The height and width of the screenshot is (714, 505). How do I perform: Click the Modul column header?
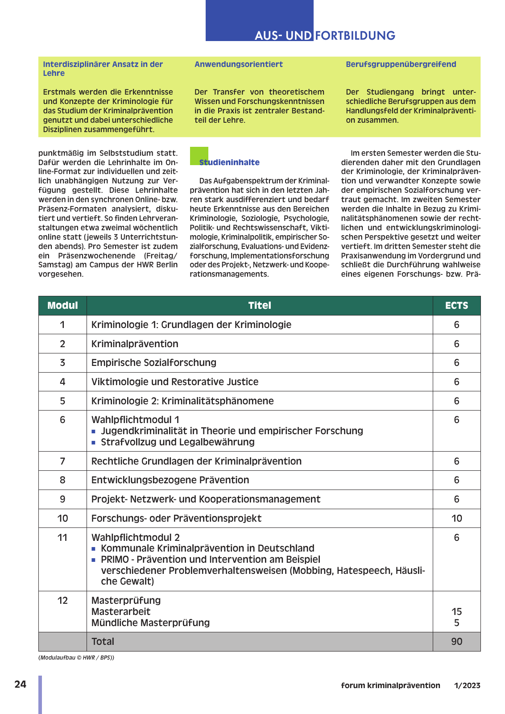pos(62,306)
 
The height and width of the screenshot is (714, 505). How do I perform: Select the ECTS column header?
pos(456,306)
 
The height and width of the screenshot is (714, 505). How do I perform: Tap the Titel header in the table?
pos(260,306)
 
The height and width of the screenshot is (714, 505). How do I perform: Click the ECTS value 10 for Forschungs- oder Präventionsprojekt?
pos(456,519)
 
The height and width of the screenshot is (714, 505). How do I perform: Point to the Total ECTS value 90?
pos(456,642)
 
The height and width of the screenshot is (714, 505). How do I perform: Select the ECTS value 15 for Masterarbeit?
pos(456,612)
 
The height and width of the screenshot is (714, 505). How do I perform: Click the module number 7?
pos(62,461)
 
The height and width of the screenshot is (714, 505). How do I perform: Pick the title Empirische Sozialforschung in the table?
pos(153,363)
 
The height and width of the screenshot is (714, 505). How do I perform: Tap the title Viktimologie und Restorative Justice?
pos(174,382)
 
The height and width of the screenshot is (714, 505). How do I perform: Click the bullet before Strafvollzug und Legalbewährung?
pos(94,443)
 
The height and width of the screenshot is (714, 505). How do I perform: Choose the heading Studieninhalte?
pos(229,162)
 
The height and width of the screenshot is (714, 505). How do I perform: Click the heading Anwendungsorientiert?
pos(239,64)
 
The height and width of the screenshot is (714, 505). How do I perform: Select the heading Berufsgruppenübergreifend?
pos(401,64)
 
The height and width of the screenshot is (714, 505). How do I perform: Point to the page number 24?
pos(21,685)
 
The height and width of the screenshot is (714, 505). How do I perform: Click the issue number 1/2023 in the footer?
pos(467,685)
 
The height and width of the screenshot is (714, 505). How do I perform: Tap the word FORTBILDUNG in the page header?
pos(355,36)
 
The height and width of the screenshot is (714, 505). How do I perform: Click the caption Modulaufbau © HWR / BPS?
pos(76,658)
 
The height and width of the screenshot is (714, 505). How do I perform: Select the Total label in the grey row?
pos(103,642)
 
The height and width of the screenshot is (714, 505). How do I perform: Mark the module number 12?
pos(62,601)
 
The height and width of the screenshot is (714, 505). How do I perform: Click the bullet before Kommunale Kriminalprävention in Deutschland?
pos(94,549)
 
